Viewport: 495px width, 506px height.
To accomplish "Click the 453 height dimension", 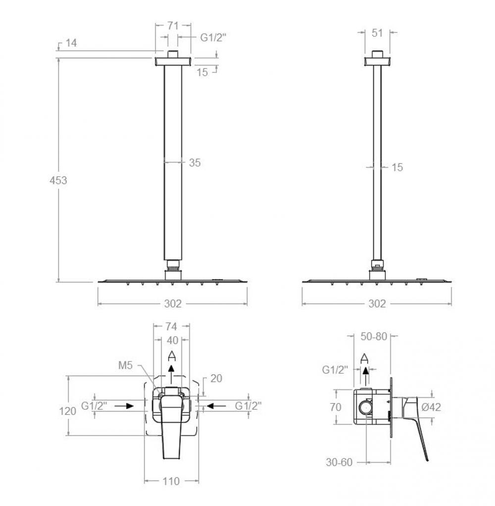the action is pos(58,180).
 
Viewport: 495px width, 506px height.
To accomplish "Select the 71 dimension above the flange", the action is pos(173,25).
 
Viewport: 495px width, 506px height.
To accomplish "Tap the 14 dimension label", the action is pos(71,43).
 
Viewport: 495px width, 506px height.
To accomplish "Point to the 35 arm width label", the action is pos(195,162).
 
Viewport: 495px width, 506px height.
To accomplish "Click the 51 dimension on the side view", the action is pos(377,33).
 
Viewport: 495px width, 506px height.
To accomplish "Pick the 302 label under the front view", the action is pos(173,304).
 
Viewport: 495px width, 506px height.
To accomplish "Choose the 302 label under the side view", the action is pos(377,304).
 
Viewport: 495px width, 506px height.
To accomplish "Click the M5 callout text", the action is pos(126,365).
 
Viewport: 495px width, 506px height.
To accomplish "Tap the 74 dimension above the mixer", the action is pos(171,327).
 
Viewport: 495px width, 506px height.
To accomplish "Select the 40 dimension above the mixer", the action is pos(172,340).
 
